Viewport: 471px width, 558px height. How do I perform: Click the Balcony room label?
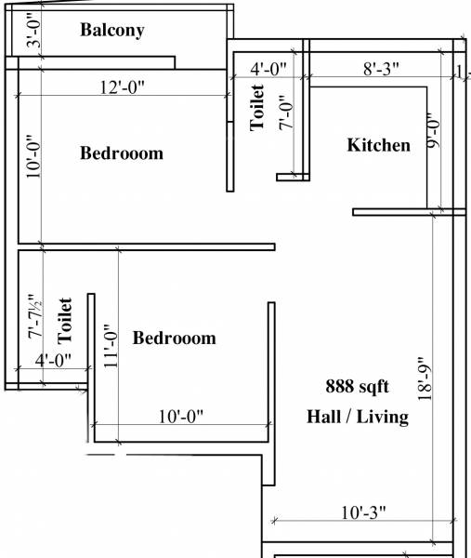(112, 30)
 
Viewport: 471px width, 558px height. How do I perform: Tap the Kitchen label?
(378, 145)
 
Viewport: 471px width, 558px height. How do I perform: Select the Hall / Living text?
(358, 417)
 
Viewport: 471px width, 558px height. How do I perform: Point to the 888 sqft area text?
(357, 386)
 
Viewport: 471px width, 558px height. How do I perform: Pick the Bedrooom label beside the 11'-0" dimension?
(174, 338)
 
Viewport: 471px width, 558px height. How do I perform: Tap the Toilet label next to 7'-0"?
(257, 107)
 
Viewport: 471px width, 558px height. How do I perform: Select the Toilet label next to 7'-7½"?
(65, 317)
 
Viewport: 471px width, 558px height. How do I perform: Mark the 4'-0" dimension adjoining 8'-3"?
(268, 68)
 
